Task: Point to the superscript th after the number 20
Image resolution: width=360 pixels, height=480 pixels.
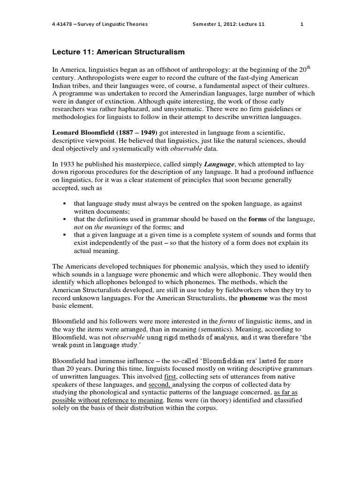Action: coord(309,67)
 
